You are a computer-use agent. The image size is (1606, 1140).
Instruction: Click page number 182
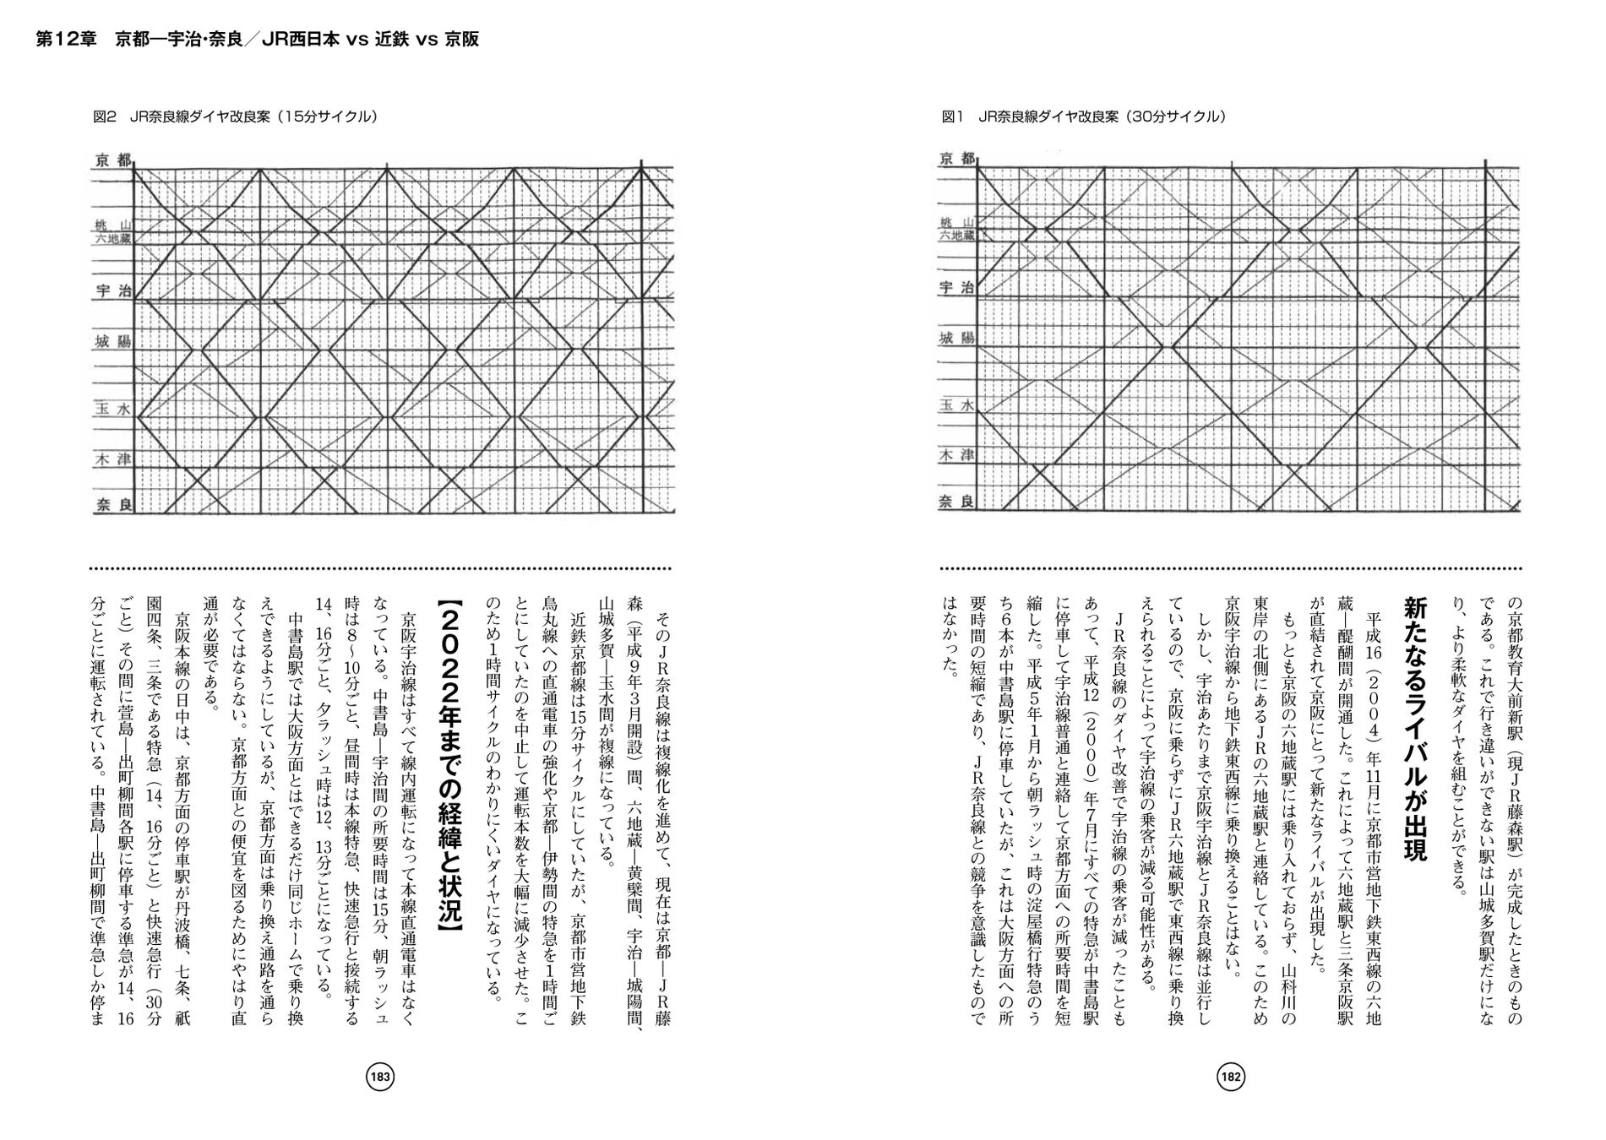(1230, 1077)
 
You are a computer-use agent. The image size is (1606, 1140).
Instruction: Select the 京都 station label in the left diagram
(113, 160)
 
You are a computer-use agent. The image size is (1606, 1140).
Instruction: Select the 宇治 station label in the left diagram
(113, 290)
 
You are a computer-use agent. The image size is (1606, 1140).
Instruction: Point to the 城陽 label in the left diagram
(113, 341)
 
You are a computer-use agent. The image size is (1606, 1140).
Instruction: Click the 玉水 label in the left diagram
(113, 409)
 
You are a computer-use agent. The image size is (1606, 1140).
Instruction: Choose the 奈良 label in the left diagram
(113, 505)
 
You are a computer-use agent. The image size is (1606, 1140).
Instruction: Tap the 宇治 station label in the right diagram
(956, 288)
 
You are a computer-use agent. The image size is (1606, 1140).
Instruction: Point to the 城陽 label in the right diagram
(956, 338)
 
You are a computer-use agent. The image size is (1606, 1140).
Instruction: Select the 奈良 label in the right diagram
(956, 502)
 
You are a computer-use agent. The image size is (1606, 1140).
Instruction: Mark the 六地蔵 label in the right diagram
(956, 236)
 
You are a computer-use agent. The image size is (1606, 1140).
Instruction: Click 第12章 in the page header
(67, 40)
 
